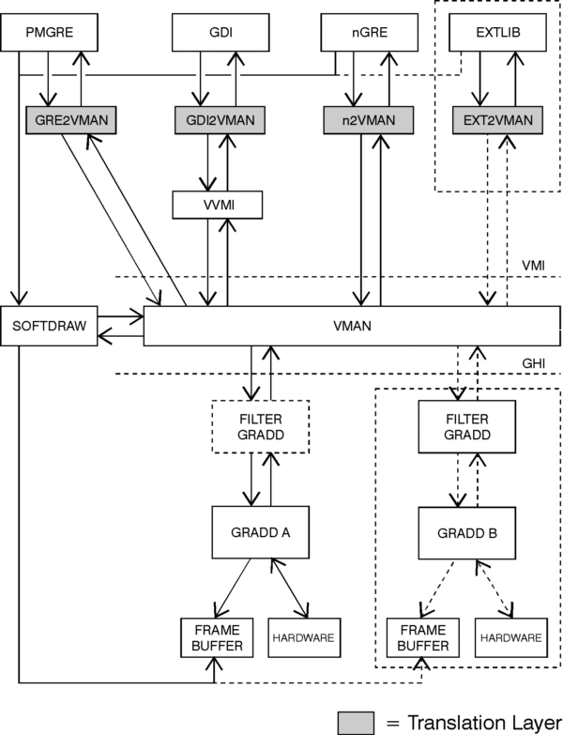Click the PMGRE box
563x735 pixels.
(x=50, y=36)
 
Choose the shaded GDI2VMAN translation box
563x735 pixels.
(x=220, y=119)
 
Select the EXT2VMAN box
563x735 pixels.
(x=496, y=119)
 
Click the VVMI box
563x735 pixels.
(x=217, y=204)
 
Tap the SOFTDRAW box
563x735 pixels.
(x=50, y=326)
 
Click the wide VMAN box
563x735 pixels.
(x=352, y=326)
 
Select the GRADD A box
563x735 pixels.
(x=260, y=530)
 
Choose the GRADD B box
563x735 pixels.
(x=466, y=530)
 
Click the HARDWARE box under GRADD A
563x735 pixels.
(x=302, y=637)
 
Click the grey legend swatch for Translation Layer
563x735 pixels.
(x=359, y=720)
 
